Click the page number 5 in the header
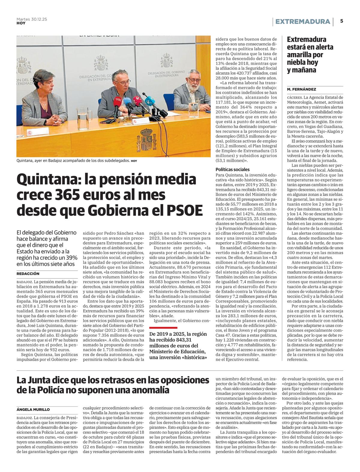point(341,21)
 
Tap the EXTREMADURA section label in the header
point(302,22)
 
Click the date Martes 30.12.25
point(31,19)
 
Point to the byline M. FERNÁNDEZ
point(301,89)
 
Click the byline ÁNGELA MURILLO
point(33,409)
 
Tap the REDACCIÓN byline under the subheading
point(28,274)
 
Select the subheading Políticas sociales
point(232,169)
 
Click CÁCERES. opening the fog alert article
point(295,97)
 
